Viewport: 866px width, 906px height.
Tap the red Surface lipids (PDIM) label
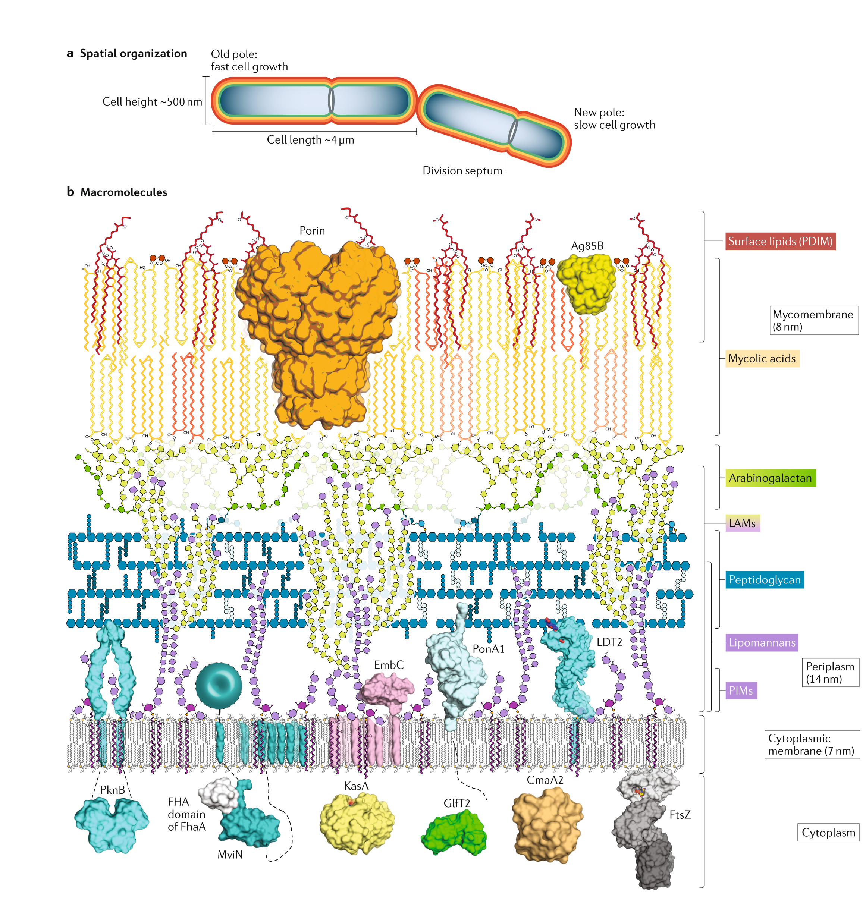tap(780, 241)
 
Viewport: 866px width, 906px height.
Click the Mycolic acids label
tap(762, 359)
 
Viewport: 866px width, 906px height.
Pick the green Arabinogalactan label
tap(770, 478)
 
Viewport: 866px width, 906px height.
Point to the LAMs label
tap(742, 523)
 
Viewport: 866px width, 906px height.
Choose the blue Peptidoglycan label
tap(765, 580)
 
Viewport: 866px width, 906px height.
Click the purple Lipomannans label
tap(762, 642)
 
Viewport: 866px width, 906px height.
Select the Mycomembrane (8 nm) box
tap(813, 320)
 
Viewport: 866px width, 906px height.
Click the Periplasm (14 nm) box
tap(830, 673)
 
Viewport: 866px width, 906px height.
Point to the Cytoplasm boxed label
tap(828, 832)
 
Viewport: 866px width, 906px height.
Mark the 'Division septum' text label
tap(462, 171)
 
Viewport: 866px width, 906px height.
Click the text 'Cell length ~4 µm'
tap(310, 140)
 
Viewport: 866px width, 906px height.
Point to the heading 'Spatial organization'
tap(134, 54)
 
